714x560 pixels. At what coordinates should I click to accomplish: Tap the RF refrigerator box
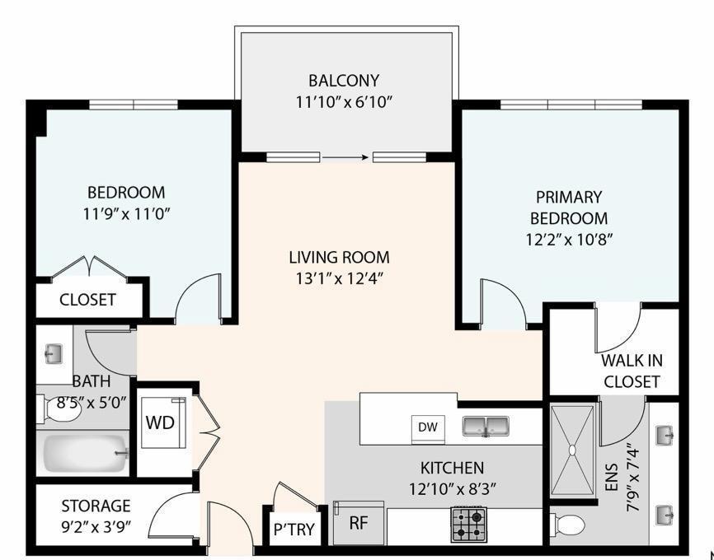pos(359,524)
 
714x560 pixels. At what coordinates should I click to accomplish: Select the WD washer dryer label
pos(160,422)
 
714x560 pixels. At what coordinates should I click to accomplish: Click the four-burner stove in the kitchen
pos(468,525)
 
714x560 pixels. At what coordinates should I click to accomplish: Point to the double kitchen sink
pos(485,427)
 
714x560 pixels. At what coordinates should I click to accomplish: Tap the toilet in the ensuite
pos(568,523)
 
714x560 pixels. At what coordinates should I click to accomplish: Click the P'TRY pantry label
pos(294,530)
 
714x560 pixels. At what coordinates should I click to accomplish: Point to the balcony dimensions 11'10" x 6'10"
pos(344,103)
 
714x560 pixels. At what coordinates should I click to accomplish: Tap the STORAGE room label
pos(96,505)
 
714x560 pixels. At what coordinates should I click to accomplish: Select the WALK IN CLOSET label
pos(632,371)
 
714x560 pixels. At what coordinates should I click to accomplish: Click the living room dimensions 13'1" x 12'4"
pos(339,278)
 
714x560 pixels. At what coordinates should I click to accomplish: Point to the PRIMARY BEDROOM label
pos(569,208)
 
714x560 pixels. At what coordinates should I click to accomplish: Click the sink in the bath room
pos(54,355)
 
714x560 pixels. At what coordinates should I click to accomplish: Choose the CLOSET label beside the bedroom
pos(87,300)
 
